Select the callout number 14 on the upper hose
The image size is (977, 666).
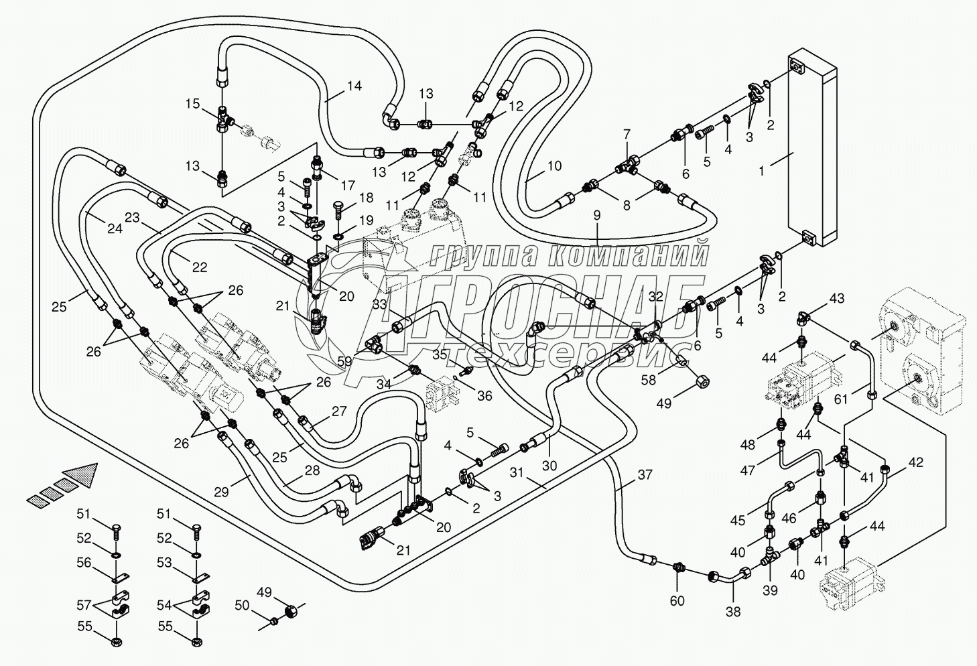pyautogui.click(x=354, y=86)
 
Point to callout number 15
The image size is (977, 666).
pyautogui.click(x=192, y=104)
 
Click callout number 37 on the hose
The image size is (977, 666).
pyautogui.click(x=645, y=475)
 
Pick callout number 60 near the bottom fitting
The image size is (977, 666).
pyautogui.click(x=677, y=600)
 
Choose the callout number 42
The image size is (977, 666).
pyautogui.click(x=915, y=462)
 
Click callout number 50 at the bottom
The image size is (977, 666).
pyautogui.click(x=242, y=606)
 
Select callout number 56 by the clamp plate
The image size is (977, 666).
pyautogui.click(x=84, y=563)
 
